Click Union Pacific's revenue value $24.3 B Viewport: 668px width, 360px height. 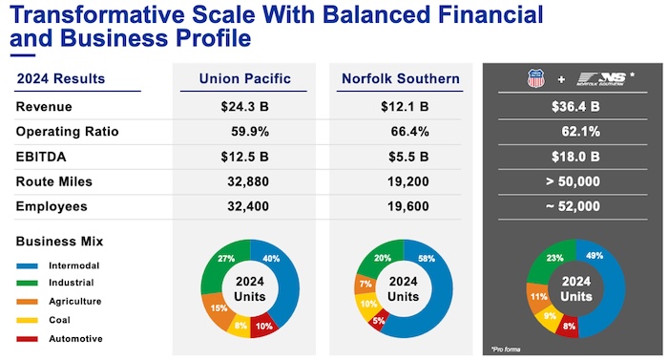[x=244, y=107]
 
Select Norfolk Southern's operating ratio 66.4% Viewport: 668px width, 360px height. [x=409, y=132]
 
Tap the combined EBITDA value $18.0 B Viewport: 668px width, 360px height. [x=575, y=157]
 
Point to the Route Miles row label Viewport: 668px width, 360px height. [x=54, y=181]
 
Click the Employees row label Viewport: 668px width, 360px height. [x=52, y=206]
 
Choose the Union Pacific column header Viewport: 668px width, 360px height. [x=245, y=78]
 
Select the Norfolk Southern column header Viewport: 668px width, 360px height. [x=401, y=78]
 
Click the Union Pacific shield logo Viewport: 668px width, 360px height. [x=535, y=78]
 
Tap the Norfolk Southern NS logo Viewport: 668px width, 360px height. [x=601, y=78]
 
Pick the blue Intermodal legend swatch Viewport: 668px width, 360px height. [x=28, y=265]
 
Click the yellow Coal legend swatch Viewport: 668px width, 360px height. [x=28, y=320]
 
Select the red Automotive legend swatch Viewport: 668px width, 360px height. [x=28, y=339]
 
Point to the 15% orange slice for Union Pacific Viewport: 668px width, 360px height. [x=217, y=310]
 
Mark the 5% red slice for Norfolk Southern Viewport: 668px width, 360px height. [x=379, y=320]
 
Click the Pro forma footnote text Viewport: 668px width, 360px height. [x=506, y=349]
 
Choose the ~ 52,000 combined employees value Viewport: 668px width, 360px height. [x=573, y=206]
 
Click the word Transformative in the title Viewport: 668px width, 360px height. [x=97, y=14]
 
